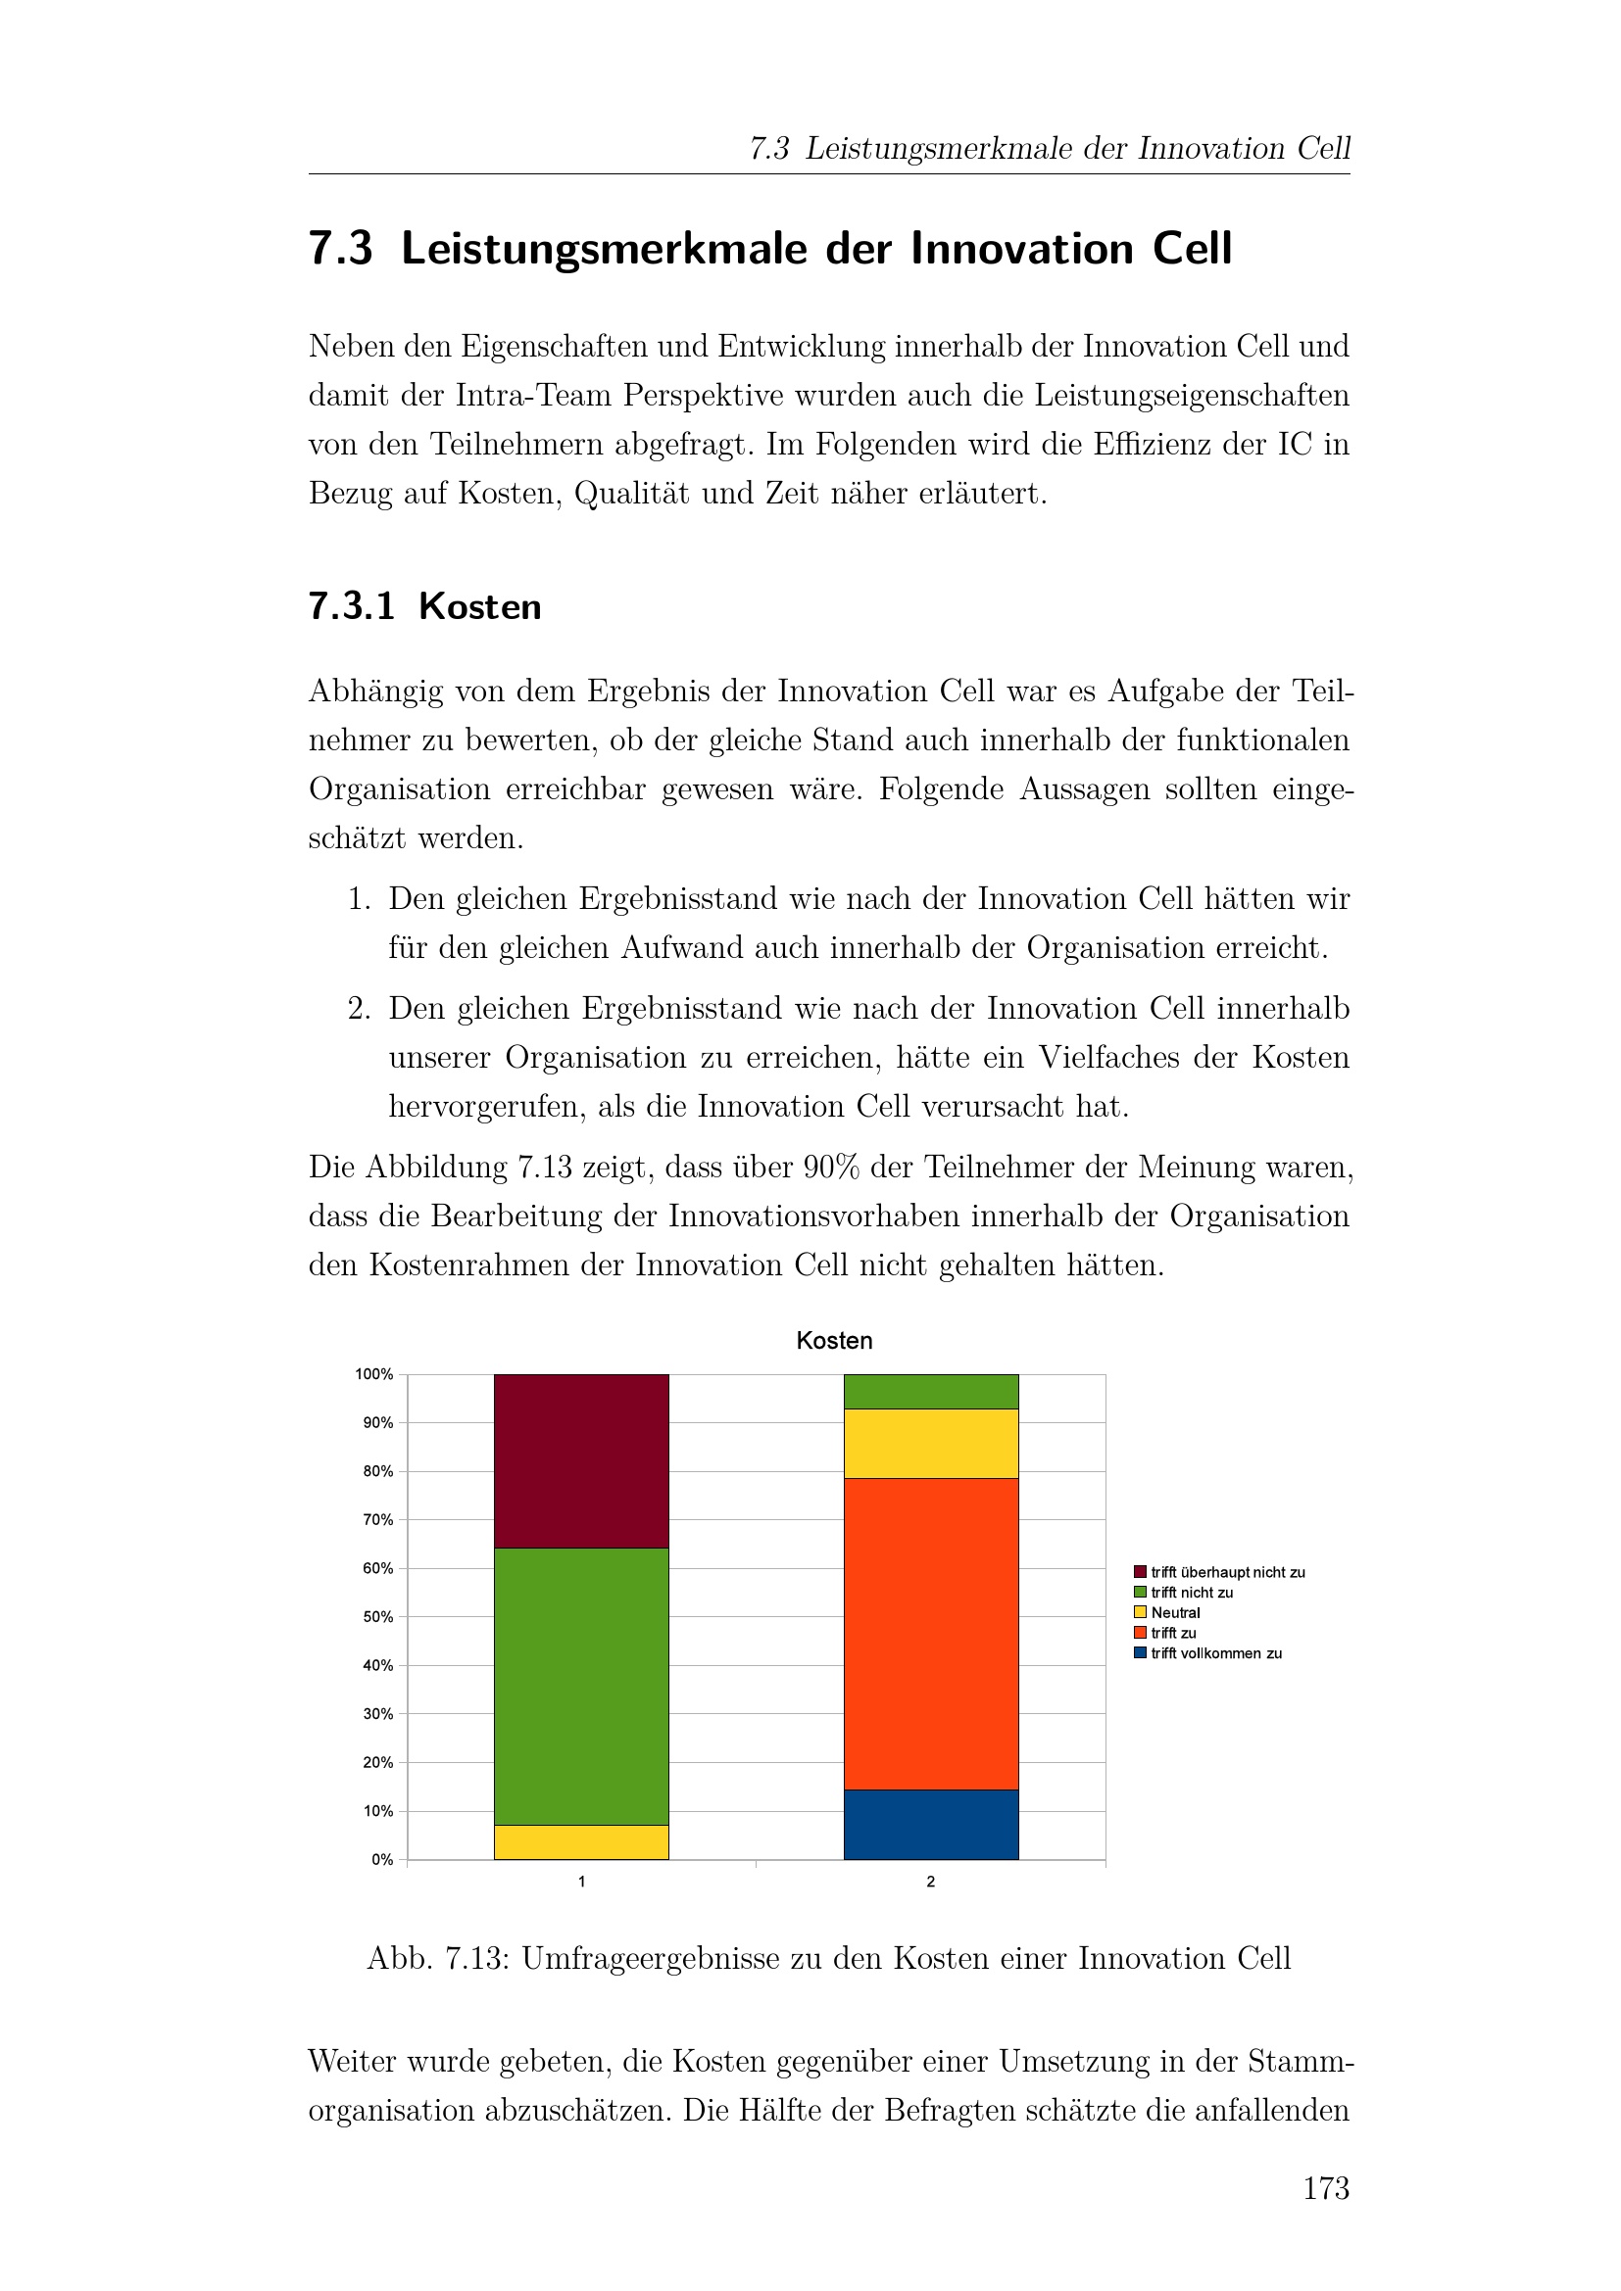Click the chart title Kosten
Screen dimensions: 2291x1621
[x=833, y=1340]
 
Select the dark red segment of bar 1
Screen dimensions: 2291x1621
[x=581, y=1459]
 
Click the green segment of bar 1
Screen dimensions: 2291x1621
[x=581, y=1686]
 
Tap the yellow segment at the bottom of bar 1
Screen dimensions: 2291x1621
[x=581, y=1842]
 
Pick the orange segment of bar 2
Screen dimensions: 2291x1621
[x=930, y=1633]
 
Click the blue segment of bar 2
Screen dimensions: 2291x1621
[x=930, y=1824]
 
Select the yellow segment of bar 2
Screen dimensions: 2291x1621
[x=930, y=1443]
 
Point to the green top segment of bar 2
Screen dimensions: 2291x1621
[x=930, y=1391]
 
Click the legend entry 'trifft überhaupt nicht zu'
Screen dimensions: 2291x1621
[x=1227, y=1573]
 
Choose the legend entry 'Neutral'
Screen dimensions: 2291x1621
[x=1175, y=1612]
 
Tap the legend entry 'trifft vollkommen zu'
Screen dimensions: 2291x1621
[x=1214, y=1653]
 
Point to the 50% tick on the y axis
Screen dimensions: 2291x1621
[x=378, y=1616]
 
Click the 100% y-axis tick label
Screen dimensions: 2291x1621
[x=374, y=1374]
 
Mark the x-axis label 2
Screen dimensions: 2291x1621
[x=930, y=1882]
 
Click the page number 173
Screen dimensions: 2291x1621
[x=1326, y=2188]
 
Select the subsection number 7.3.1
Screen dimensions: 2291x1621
[x=352, y=605]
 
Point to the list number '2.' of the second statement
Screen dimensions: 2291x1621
[x=360, y=1008]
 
